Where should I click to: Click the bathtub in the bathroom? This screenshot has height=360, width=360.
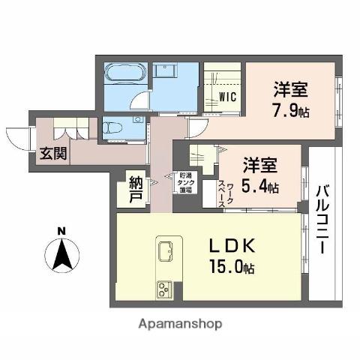coord(127,75)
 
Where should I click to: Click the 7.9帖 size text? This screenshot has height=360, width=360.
coord(290,112)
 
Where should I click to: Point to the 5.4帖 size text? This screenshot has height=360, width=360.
coord(262,186)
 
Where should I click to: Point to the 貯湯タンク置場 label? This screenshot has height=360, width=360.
coord(186,184)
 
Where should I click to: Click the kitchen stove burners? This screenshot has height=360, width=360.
coord(164,289)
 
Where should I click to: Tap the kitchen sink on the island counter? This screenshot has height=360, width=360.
coord(166,249)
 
